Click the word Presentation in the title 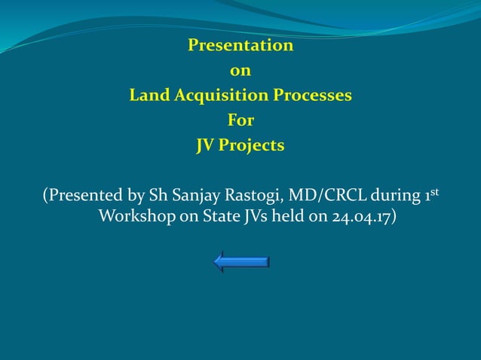[x=240, y=46]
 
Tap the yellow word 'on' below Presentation [x=240, y=72]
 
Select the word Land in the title [x=149, y=96]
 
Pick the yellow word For [x=240, y=121]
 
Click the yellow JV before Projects [x=205, y=145]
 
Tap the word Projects [x=251, y=145]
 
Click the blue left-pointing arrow [x=241, y=262]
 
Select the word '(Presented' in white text [x=81, y=197]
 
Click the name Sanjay [x=195, y=197]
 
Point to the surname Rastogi [x=253, y=197]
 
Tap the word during [x=397, y=197]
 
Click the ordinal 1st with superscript [x=432, y=195]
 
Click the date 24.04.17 [x=360, y=218]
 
